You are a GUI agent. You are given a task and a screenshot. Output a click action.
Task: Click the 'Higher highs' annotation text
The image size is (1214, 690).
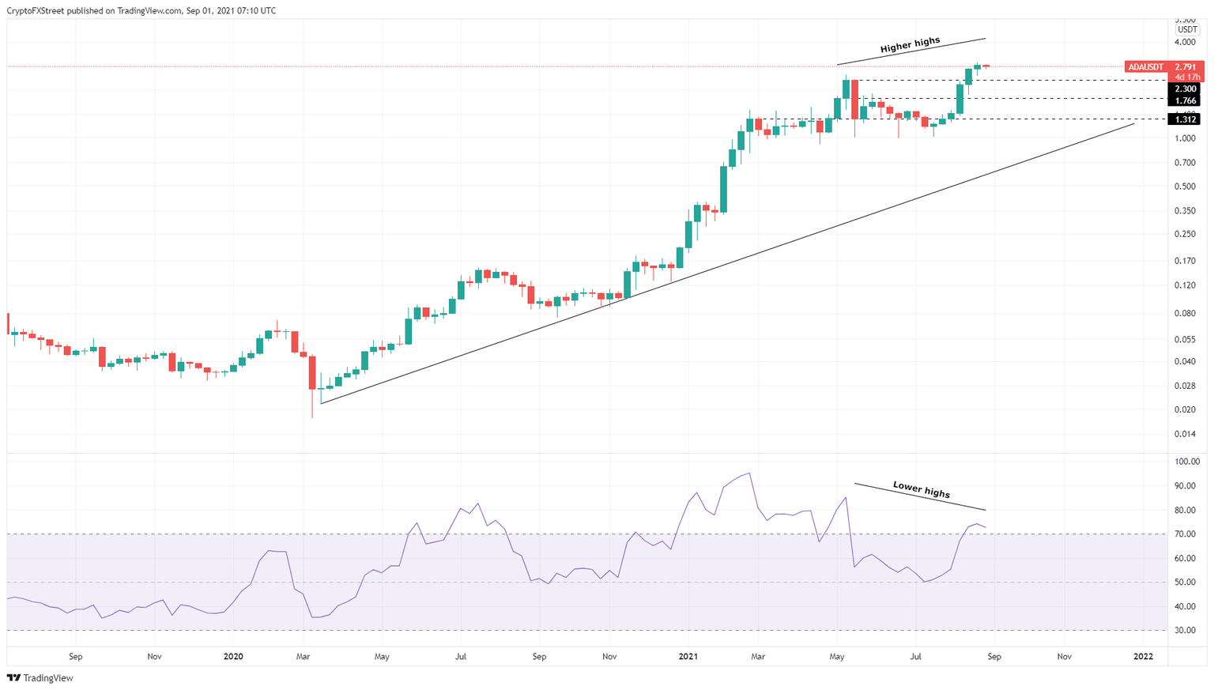pyautogui.click(x=910, y=46)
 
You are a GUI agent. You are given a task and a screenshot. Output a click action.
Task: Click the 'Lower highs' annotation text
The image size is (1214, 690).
pyautogui.click(x=921, y=490)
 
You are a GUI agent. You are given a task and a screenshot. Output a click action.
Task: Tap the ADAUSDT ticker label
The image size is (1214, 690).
pyautogui.click(x=1146, y=67)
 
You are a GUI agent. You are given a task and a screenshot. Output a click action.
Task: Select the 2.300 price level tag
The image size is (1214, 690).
pyautogui.click(x=1186, y=89)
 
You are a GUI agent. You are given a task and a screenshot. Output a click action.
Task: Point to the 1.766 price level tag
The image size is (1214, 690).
pyautogui.click(x=1186, y=101)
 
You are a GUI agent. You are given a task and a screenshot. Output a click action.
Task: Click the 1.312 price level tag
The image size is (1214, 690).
pyautogui.click(x=1186, y=119)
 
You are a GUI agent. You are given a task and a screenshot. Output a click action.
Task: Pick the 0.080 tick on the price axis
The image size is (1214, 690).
pyautogui.click(x=1185, y=313)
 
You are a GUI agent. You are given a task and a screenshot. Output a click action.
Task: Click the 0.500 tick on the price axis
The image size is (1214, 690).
pyautogui.click(x=1185, y=187)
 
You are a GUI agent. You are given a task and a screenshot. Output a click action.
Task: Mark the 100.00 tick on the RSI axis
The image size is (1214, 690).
pyautogui.click(x=1187, y=462)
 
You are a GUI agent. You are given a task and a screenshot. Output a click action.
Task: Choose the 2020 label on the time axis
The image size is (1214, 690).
pyautogui.click(x=233, y=657)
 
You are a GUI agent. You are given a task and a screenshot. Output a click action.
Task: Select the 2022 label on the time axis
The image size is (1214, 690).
pyautogui.click(x=1143, y=657)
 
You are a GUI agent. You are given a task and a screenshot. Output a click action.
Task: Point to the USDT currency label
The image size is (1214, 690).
pyautogui.click(x=1187, y=30)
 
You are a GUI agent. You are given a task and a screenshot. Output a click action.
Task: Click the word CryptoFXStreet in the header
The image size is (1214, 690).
pyautogui.click(x=39, y=11)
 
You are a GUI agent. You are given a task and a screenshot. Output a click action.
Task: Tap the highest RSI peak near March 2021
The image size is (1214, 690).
pyautogui.click(x=748, y=473)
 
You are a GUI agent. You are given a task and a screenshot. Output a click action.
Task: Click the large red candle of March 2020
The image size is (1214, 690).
pyautogui.click(x=312, y=372)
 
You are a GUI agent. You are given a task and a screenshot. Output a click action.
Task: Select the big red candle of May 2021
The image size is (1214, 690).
pyautogui.click(x=854, y=99)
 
